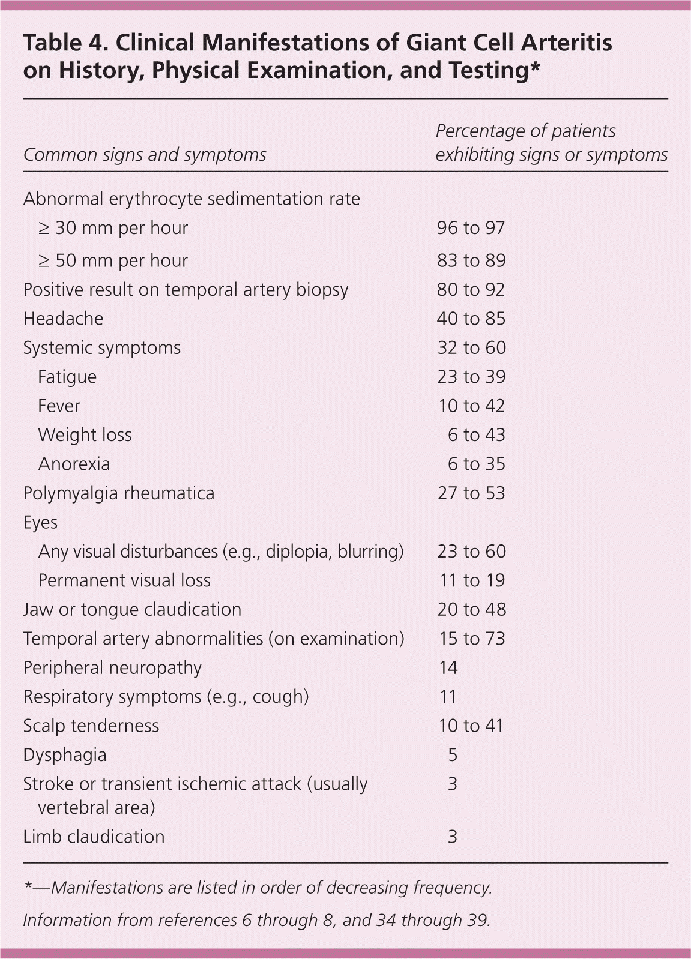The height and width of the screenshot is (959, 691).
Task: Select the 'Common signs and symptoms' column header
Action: pyautogui.click(x=144, y=155)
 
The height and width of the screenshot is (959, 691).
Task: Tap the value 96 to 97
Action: pyautogui.click(x=471, y=228)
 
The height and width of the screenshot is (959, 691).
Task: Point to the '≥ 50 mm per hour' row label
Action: pyautogui.click(x=113, y=260)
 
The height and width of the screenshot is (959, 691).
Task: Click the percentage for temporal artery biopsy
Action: pyautogui.click(x=471, y=290)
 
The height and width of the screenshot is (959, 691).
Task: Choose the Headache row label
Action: pyautogui.click(x=63, y=319)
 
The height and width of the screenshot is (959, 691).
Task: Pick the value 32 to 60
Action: pyautogui.click(x=471, y=348)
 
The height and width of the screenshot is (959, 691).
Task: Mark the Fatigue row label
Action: pyautogui.click(x=67, y=377)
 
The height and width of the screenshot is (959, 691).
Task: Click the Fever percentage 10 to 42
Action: pyautogui.click(x=471, y=406)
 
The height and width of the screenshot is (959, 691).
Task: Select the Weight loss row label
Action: pyautogui.click(x=85, y=435)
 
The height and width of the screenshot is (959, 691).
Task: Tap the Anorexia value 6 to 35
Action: pyautogui.click(x=476, y=464)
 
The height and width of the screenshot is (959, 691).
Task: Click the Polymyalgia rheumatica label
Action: pyautogui.click(x=118, y=493)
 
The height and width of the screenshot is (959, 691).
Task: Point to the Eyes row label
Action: pyautogui.click(x=40, y=522)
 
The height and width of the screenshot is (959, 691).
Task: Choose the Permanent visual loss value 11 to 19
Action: pyautogui.click(x=471, y=580)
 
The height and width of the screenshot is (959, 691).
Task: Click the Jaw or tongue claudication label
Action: pyautogui.click(x=132, y=610)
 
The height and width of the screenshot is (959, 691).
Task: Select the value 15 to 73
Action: pyautogui.click(x=471, y=639)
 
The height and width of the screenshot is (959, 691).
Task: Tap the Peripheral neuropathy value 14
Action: pyautogui.click(x=448, y=668)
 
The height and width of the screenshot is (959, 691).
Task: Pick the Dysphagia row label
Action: pyautogui.click(x=65, y=755)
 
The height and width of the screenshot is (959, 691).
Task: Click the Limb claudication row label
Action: pyautogui.click(x=94, y=837)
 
